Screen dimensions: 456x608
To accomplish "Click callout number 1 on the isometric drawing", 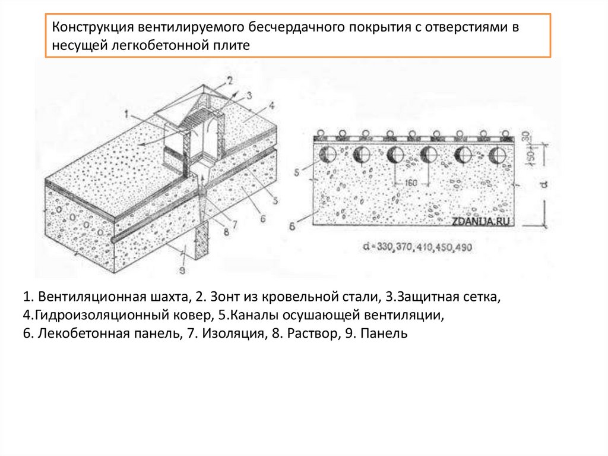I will [126, 111].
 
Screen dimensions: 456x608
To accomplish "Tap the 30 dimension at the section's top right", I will [524, 136].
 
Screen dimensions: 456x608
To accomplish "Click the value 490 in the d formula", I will [463, 247].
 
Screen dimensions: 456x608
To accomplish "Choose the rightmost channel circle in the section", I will [497, 155].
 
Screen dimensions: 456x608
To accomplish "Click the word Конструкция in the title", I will [91, 28].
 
